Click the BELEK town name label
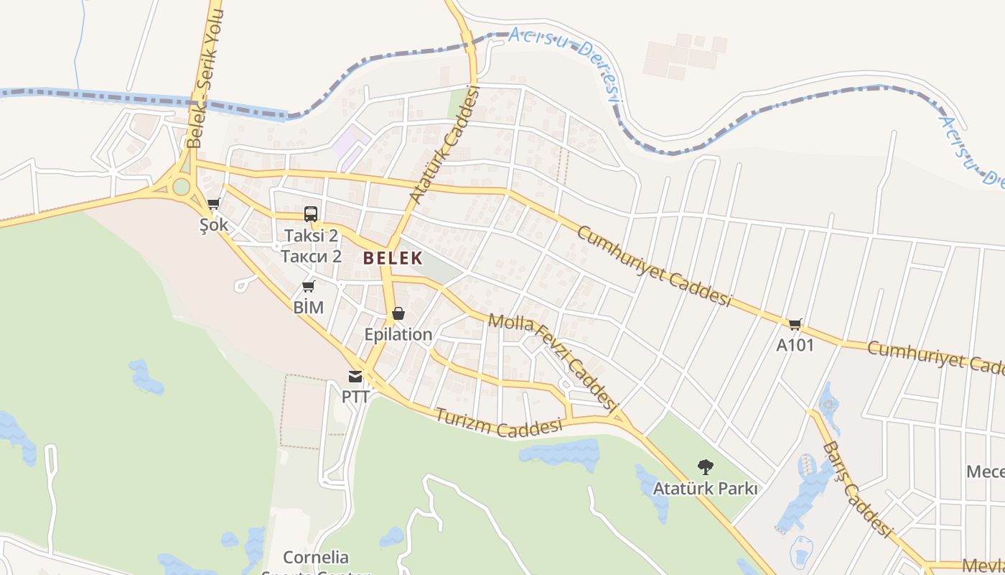point(392,258)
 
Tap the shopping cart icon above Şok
point(213,205)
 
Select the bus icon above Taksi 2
point(311,214)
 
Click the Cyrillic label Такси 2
point(311,257)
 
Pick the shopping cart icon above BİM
point(309,287)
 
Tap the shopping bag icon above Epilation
point(398,314)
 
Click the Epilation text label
point(398,334)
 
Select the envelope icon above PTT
point(355,376)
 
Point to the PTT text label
point(355,396)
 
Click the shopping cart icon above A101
point(795,325)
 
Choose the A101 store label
point(795,345)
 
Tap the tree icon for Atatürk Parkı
point(706,467)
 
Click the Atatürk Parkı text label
point(705,489)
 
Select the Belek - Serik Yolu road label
point(206,79)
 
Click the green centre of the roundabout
point(182,187)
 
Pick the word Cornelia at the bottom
point(316,557)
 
